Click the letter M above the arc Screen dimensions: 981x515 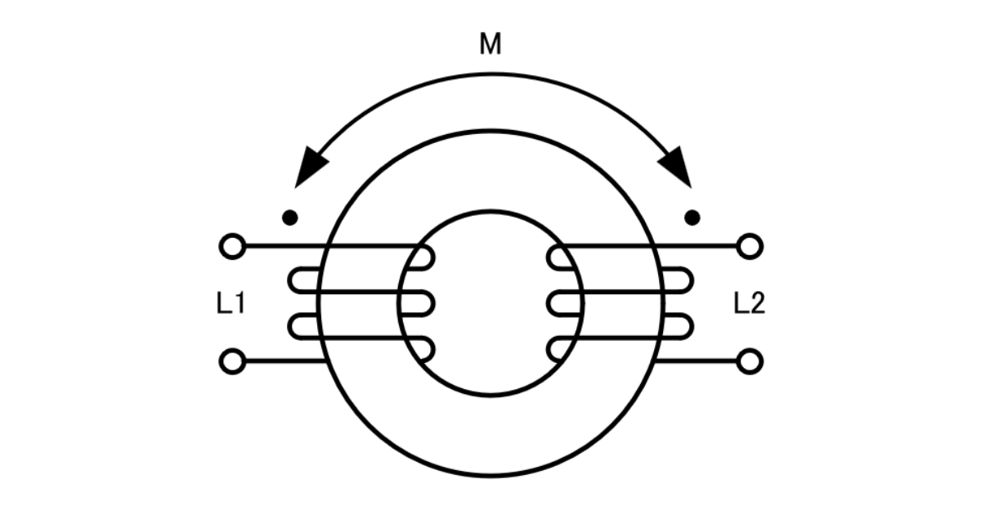point(490,44)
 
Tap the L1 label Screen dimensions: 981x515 point(231,303)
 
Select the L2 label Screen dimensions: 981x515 point(750,303)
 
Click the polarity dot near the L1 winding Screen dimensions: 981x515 point(290,217)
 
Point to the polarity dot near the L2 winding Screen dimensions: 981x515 point(692,217)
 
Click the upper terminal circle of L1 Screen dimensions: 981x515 point(232,247)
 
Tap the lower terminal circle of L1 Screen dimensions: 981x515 point(232,361)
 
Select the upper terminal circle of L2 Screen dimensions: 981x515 point(750,247)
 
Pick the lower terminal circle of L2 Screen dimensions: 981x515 point(750,361)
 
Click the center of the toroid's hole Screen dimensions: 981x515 point(490,303)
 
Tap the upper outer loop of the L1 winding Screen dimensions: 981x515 point(291,280)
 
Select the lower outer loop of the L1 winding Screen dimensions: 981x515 point(291,327)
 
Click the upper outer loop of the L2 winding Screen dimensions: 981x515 point(691,280)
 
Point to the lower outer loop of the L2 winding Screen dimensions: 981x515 point(691,327)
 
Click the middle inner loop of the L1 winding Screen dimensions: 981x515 point(432,303)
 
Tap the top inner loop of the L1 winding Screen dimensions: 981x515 point(432,257)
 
